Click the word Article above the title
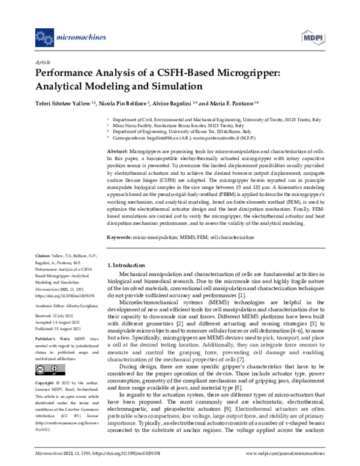(43, 62)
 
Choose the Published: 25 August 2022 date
(61, 329)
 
